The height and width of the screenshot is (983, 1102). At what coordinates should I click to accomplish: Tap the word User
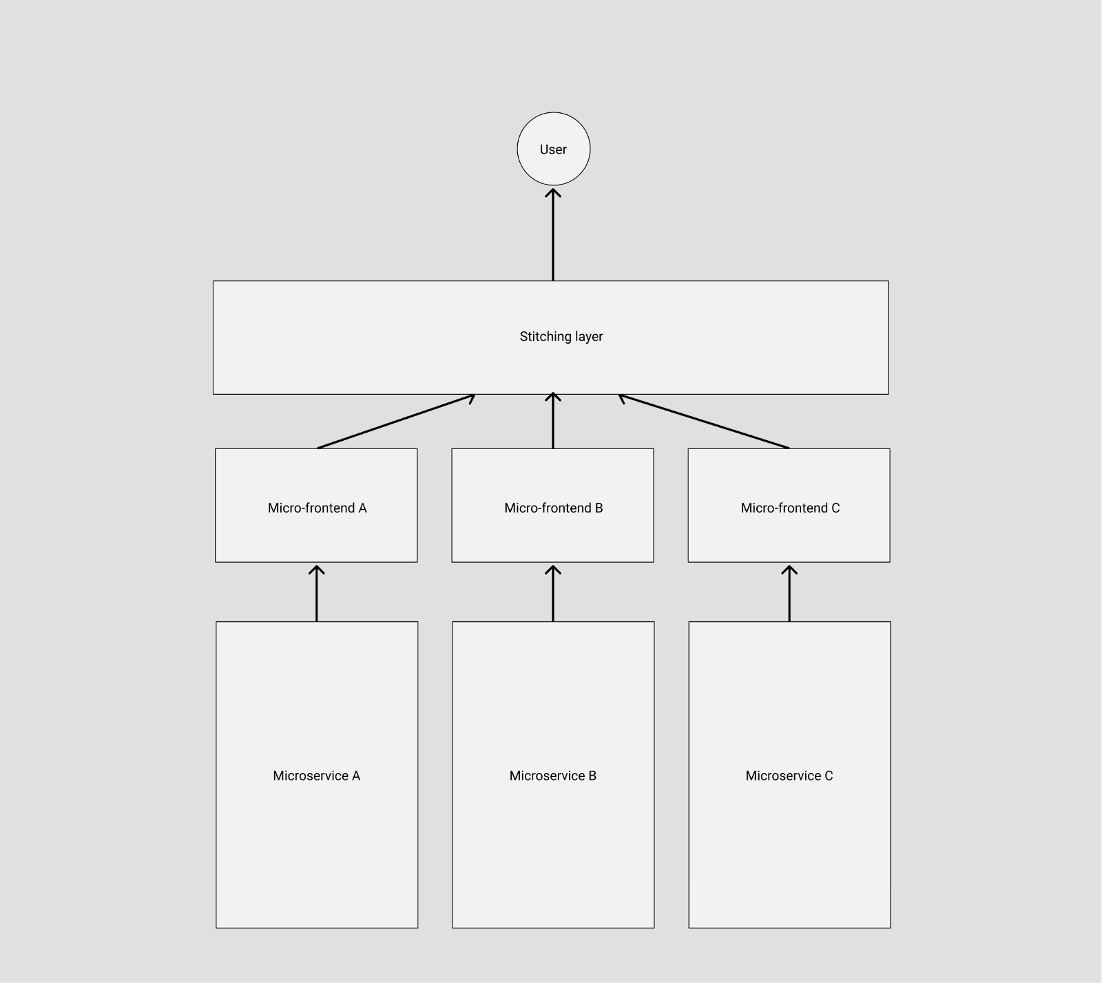coord(553,149)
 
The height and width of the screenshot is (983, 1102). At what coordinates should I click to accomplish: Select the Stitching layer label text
coord(561,337)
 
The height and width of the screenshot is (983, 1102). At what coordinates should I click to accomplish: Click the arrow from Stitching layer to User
coord(553,234)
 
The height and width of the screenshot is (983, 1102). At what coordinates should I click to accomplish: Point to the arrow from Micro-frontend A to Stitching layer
coord(395,422)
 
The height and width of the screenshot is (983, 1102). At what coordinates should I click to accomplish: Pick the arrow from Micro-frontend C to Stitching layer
coord(704,422)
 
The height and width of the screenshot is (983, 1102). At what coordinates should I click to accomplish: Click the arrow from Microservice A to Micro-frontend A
coord(317,594)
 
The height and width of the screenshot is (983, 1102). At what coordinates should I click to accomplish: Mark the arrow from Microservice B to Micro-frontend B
coord(553,594)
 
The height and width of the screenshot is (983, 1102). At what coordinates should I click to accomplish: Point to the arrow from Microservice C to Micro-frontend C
coord(789,594)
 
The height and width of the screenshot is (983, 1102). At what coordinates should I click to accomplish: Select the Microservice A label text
coord(316,776)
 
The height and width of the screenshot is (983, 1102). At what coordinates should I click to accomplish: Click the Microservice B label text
coord(552,776)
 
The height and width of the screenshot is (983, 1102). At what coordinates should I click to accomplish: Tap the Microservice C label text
coord(789,776)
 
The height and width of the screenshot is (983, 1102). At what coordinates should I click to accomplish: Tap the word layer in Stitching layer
coord(585,337)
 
